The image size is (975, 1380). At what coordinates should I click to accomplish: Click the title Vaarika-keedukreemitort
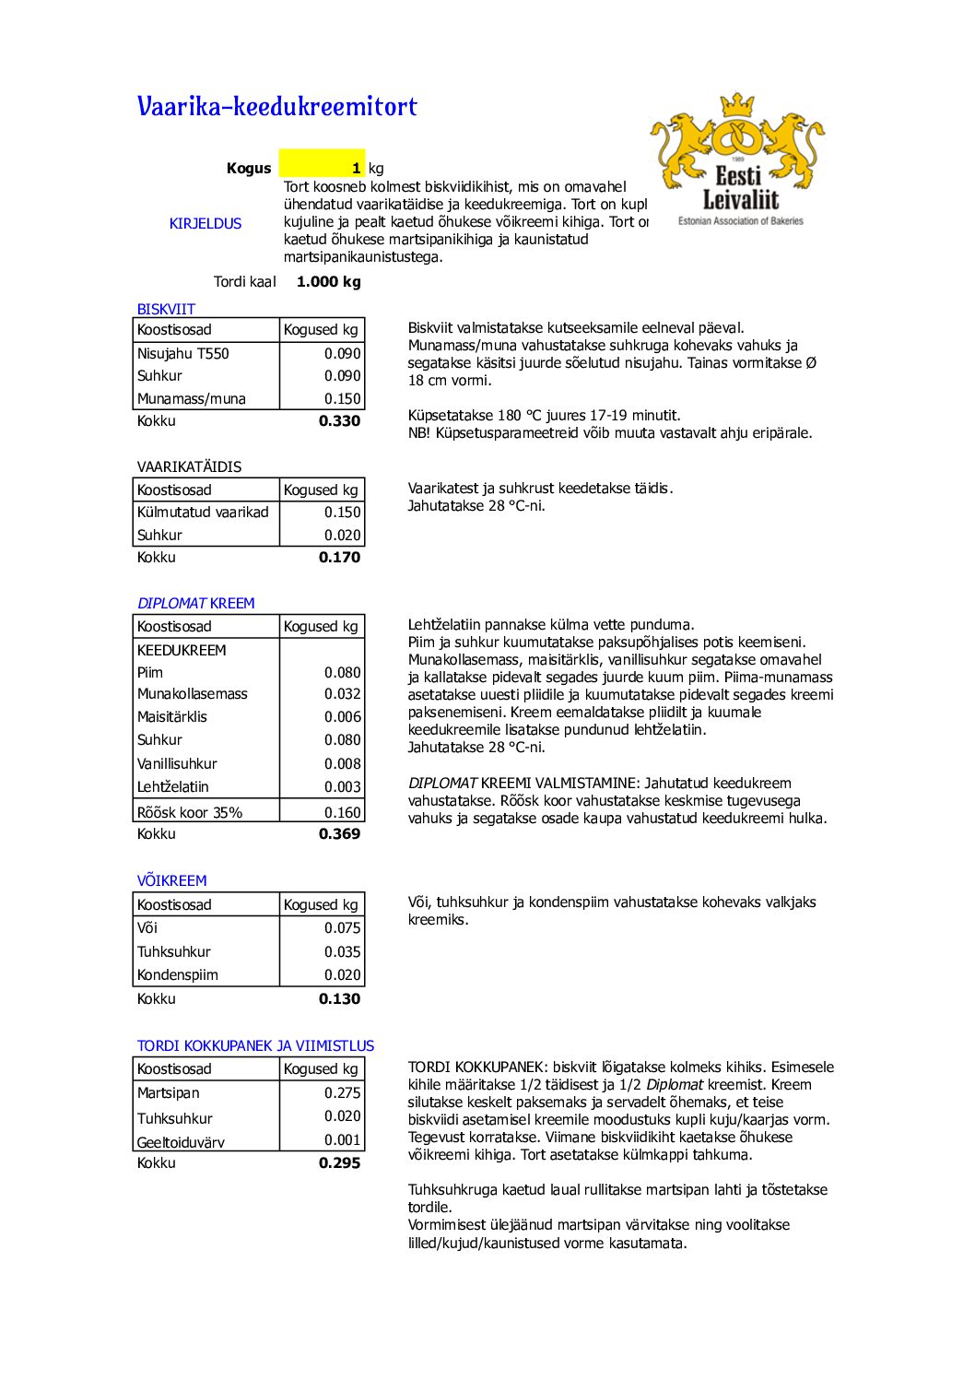tap(276, 107)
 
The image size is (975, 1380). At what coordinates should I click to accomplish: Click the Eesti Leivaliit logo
tap(738, 159)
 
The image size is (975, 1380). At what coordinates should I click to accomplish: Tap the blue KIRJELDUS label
tap(206, 223)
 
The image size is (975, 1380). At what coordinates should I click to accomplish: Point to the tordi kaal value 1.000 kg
tap(329, 282)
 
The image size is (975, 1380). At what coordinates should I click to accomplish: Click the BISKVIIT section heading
tap(166, 309)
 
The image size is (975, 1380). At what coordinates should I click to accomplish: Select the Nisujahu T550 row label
tap(183, 353)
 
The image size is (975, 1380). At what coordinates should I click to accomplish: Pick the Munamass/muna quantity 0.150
tap(342, 399)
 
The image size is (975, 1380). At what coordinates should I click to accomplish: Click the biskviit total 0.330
tap(339, 421)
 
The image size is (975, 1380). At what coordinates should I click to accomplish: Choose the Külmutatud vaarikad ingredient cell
tap(203, 513)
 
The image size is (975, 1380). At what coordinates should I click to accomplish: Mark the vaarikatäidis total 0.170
tap(339, 558)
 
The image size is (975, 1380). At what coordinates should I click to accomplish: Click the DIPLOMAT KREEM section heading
tap(195, 603)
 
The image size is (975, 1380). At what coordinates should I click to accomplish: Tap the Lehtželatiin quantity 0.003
tap(342, 787)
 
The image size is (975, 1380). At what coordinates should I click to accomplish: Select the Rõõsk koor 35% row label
tap(190, 812)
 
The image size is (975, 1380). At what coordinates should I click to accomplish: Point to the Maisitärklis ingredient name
tap(172, 717)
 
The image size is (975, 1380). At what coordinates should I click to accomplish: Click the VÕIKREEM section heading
tap(171, 880)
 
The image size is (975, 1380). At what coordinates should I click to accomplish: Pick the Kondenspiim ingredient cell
tap(178, 975)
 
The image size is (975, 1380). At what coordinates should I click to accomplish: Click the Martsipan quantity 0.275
tap(342, 1093)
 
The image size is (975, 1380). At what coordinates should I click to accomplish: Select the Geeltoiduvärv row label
tap(181, 1142)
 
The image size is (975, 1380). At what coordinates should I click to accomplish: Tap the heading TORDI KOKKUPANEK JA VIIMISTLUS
tap(255, 1045)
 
